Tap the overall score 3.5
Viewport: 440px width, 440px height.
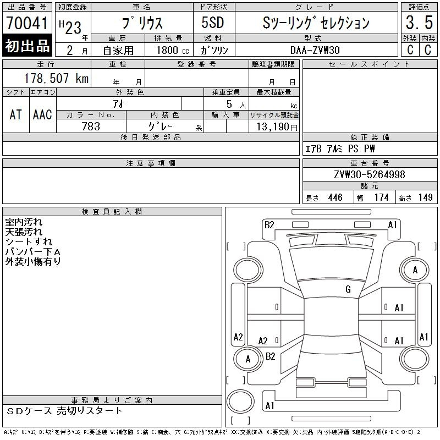[x=416, y=24]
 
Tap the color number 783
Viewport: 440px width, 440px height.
[x=91, y=126]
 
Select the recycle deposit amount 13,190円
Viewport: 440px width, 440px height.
[x=274, y=127]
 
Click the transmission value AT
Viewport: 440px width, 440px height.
[x=16, y=114]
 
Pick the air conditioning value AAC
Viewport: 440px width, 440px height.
[x=42, y=114]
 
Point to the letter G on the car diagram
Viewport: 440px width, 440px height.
[x=348, y=289]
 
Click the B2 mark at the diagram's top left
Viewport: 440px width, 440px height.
[x=269, y=224]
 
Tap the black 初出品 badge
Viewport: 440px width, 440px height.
[x=27, y=46]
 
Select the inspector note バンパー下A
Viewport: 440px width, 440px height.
[x=32, y=251]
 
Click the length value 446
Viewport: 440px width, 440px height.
[x=334, y=197]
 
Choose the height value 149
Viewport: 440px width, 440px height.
[x=425, y=197]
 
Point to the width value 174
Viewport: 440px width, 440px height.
[x=381, y=197]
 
